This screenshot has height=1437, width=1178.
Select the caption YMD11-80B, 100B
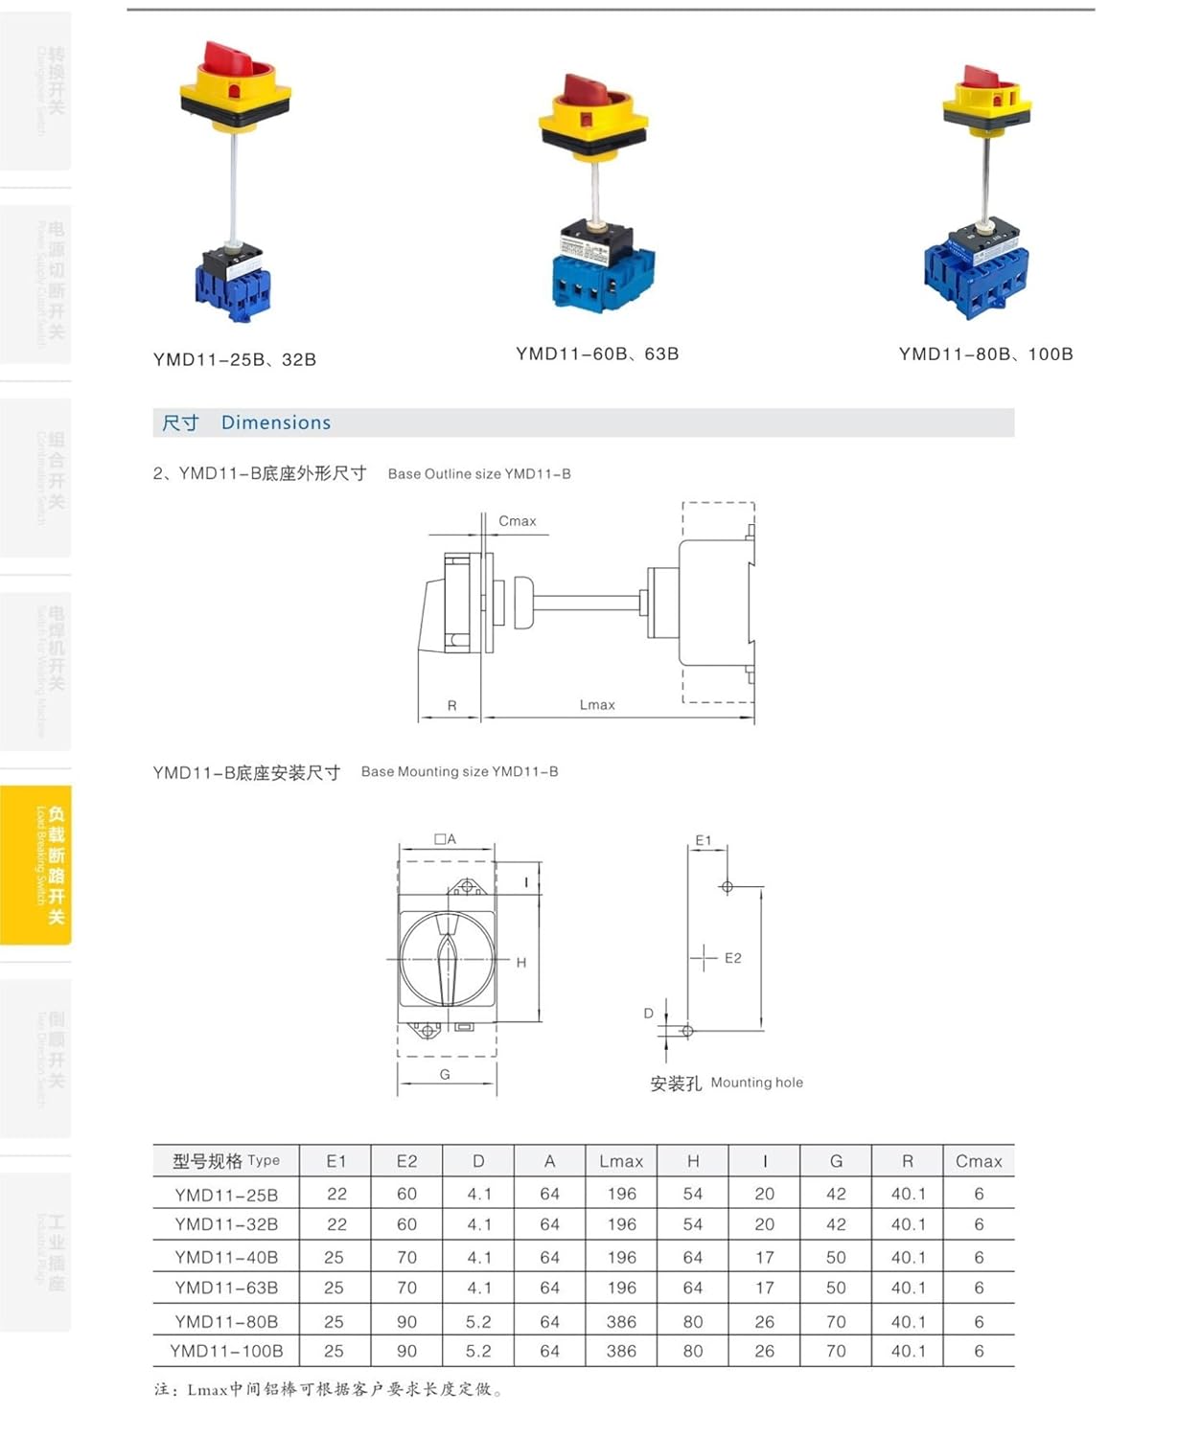[985, 354]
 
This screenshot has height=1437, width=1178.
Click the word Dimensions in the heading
[276, 422]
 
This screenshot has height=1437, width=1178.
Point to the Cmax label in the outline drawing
[517, 521]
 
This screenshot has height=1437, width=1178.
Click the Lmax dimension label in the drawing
[597, 705]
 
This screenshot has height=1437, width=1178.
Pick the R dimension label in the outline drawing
[451, 706]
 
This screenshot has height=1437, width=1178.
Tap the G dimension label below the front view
[445, 1075]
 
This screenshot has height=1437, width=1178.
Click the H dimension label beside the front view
[521, 963]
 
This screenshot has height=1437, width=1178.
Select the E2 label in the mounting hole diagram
[733, 958]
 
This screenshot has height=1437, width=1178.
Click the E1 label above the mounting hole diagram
[704, 840]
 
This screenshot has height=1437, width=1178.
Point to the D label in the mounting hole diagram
[649, 1014]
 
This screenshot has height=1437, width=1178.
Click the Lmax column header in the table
[621, 1161]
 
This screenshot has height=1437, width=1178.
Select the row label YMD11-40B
[226, 1257]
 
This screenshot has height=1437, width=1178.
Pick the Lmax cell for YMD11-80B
[621, 1322]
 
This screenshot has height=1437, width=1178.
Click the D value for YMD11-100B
[478, 1352]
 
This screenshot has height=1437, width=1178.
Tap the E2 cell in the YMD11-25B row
[407, 1195]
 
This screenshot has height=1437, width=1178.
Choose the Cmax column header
[979, 1161]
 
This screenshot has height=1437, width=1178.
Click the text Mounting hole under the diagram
[756, 1083]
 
